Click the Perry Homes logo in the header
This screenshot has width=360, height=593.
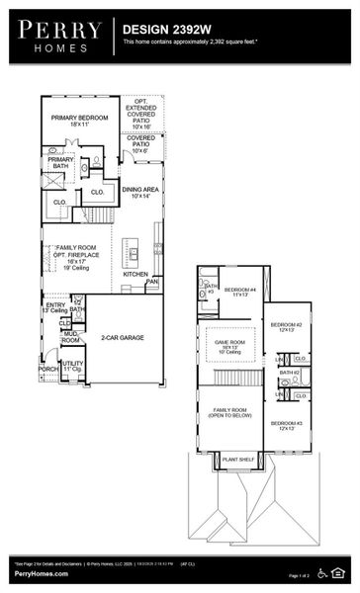click(60, 37)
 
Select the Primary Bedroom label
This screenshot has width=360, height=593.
click(78, 121)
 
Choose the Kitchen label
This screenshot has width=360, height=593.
click(135, 274)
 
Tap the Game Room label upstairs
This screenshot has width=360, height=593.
click(229, 345)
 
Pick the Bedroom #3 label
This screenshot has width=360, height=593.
click(286, 425)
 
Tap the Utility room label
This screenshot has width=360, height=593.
click(72, 366)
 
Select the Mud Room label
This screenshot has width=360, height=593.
click(71, 337)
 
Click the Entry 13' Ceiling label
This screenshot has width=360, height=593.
click(55, 308)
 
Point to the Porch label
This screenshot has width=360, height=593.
click(47, 370)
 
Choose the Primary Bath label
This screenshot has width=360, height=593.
click(61, 163)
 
